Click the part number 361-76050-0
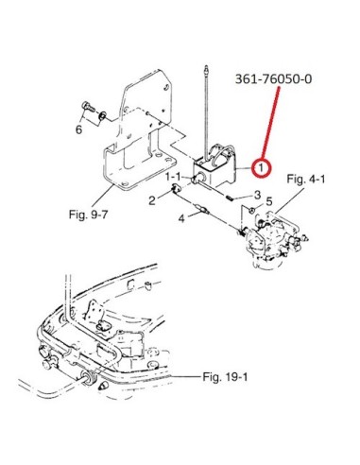pos(273,78)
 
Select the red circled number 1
pos(261,167)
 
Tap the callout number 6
pos(78,129)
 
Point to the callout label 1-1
pos(173,177)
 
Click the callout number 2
pos(152,200)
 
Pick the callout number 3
pos(257,195)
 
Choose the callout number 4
pos(181,218)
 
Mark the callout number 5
pos(268,201)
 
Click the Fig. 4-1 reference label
pos(306,180)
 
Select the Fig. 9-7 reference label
pos(88,215)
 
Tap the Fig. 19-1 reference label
pos(225,376)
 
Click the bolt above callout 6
pos(88,106)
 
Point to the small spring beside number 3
pos(230,198)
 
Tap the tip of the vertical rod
pos(206,66)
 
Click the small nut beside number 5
pos(252,209)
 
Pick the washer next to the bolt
pos(102,116)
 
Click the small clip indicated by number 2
pos(175,190)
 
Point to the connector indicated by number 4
pos(202,208)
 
